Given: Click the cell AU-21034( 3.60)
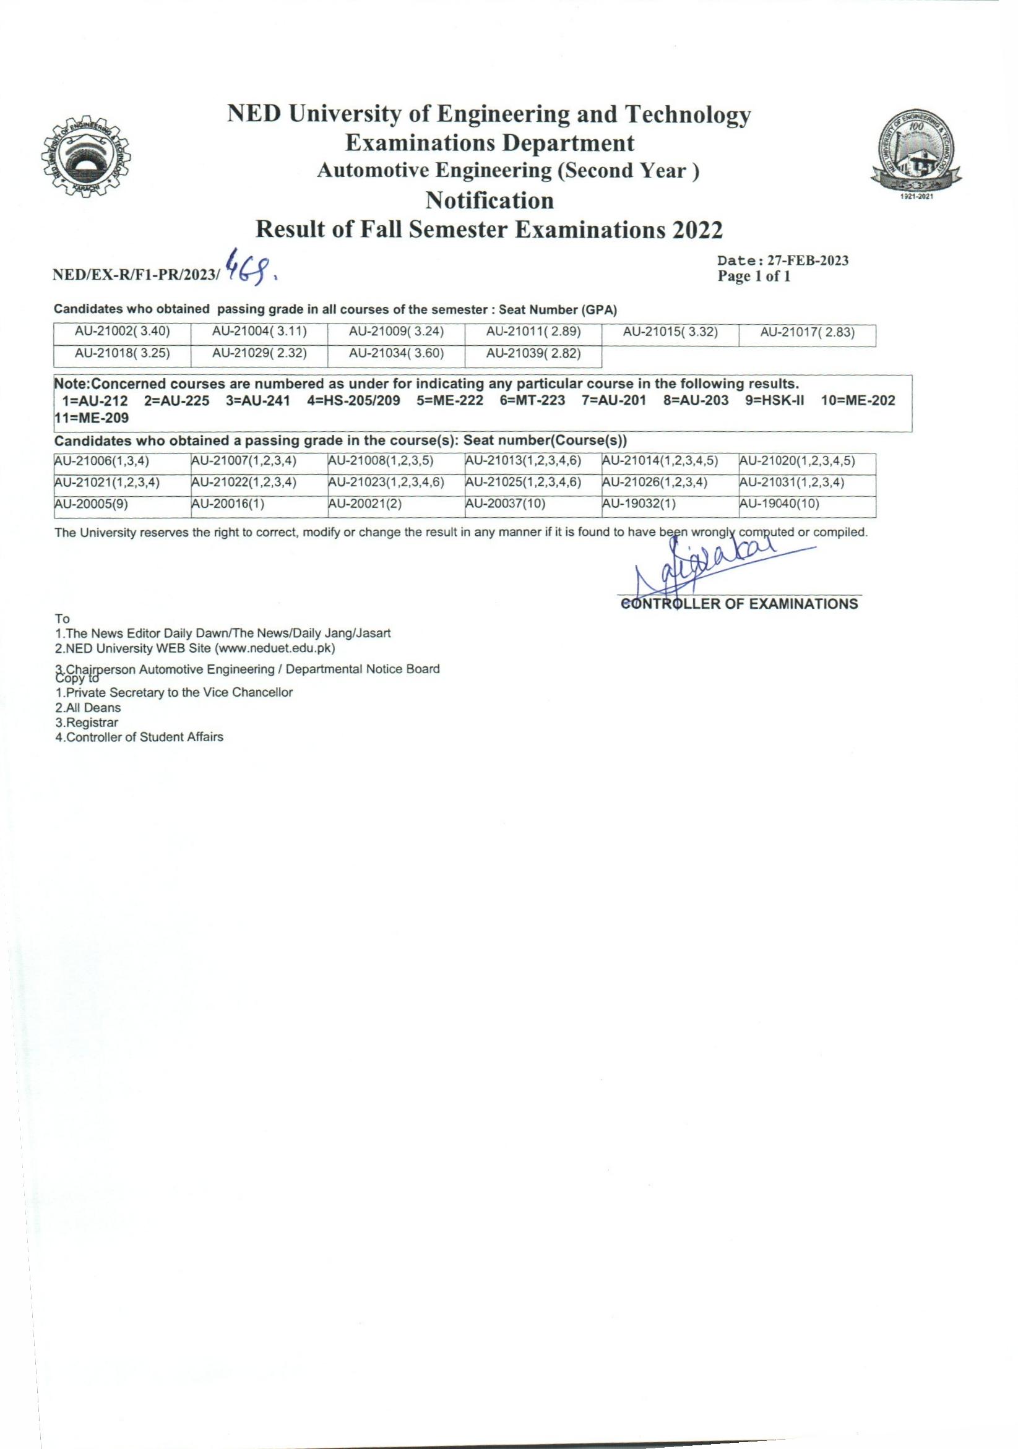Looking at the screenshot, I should point(396,353).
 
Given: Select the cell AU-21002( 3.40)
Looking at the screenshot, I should point(123,332).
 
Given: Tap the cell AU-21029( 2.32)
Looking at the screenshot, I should point(259,353).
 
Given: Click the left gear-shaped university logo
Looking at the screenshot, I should point(85,158).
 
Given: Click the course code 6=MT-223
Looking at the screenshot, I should point(532,401).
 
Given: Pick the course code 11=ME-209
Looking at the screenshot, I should point(92,418).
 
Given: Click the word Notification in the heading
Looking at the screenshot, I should point(490,200).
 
